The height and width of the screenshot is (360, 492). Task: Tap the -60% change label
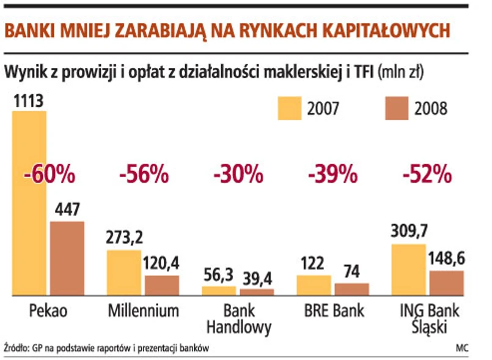pyautogui.click(x=50, y=175)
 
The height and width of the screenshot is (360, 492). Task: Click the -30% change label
pyautogui.click(x=238, y=175)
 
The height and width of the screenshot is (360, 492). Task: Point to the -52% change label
pyautogui.click(x=427, y=175)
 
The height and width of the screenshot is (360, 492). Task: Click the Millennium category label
pyautogui.click(x=144, y=311)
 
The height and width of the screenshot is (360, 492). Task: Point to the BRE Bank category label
pyautogui.click(x=334, y=311)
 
